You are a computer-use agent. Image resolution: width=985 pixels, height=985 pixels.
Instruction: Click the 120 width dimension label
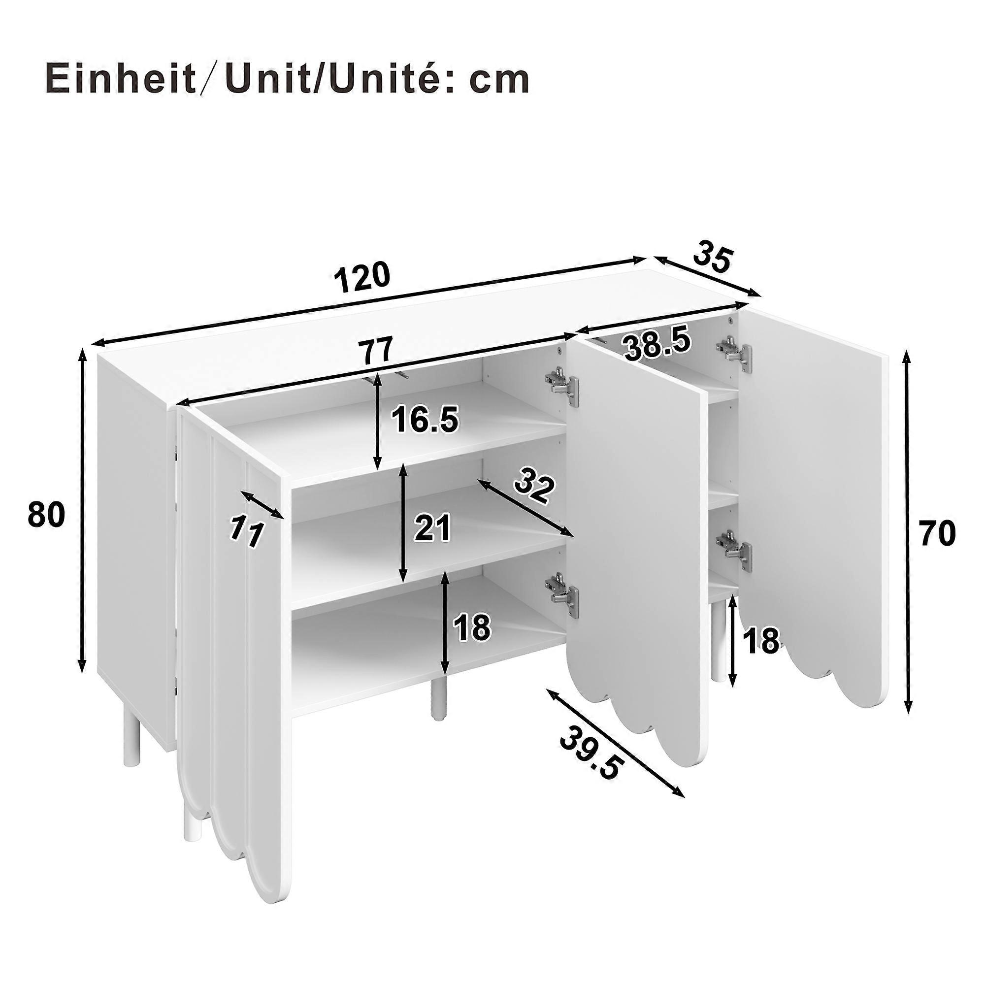[362, 277]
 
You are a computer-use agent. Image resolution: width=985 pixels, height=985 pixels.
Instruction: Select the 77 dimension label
[376, 349]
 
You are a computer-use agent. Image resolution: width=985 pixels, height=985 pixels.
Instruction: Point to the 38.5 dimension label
[657, 345]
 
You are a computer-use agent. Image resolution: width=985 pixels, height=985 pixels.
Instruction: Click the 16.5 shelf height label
[425, 420]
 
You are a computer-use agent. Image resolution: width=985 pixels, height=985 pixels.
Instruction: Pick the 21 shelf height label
[432, 527]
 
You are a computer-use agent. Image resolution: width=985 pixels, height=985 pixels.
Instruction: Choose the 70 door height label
[937, 534]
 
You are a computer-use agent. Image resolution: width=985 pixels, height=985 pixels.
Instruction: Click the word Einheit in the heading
[120, 79]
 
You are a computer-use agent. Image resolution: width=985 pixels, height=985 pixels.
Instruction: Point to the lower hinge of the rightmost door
[734, 550]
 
